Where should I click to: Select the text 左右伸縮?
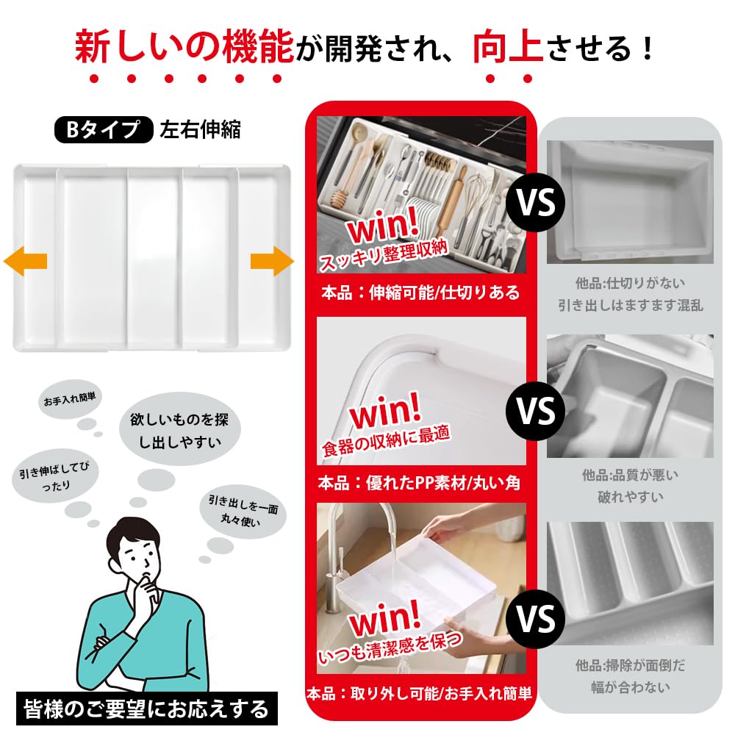[x=200, y=130]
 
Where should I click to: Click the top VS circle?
[x=535, y=203]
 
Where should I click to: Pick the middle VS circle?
[x=535, y=411]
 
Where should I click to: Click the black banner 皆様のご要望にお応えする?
[x=147, y=709]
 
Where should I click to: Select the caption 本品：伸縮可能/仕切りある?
[x=420, y=293]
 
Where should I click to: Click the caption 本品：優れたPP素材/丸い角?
[x=420, y=484]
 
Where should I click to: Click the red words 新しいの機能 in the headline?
[x=184, y=48]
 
